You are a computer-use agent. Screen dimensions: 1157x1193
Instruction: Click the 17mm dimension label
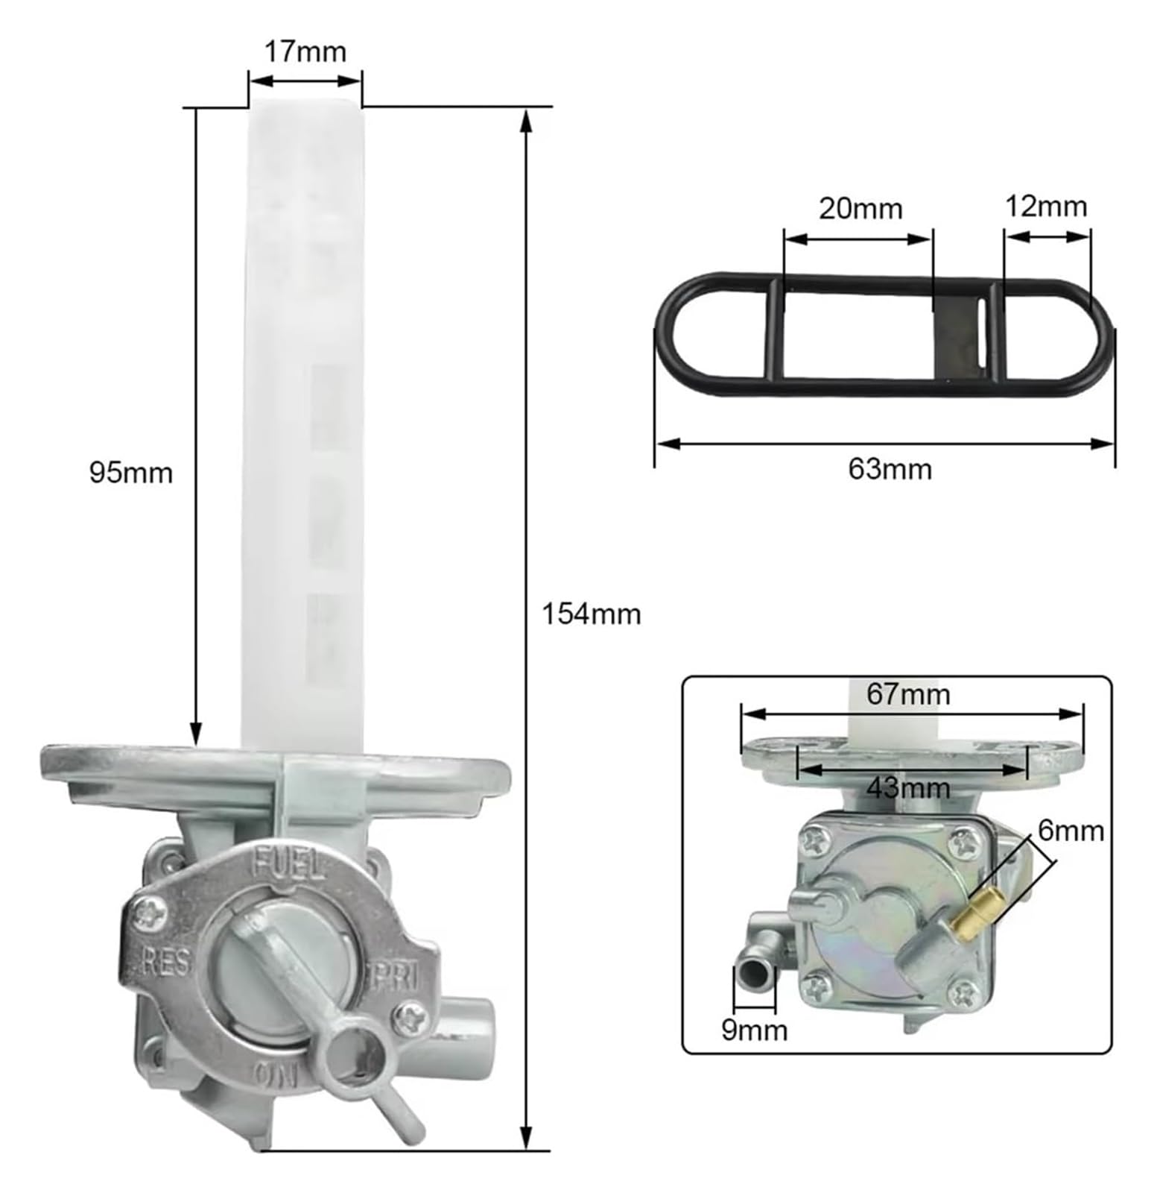305,52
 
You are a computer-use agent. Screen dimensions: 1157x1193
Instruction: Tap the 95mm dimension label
131,473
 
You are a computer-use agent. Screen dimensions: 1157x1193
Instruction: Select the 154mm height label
591,614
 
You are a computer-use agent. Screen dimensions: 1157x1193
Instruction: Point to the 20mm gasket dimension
860,208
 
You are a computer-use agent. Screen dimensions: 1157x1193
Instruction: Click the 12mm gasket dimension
1046,206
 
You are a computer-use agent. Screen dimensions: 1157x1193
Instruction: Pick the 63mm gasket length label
890,469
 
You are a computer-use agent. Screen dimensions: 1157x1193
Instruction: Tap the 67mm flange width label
908,694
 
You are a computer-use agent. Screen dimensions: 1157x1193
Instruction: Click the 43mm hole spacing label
908,787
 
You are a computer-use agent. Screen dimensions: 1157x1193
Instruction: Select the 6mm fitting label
1071,830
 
